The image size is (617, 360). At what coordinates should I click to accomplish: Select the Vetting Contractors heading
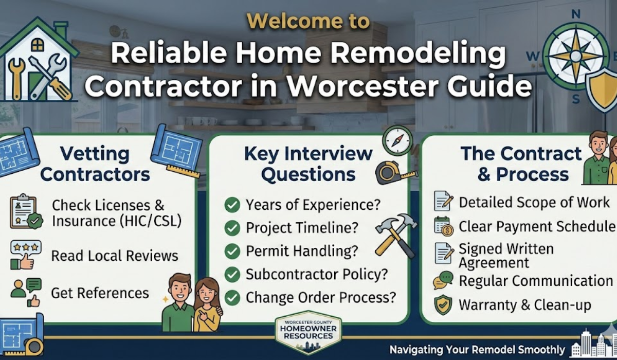(x=95, y=164)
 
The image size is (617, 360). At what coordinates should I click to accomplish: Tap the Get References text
(x=100, y=293)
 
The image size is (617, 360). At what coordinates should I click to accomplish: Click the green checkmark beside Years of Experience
(x=232, y=205)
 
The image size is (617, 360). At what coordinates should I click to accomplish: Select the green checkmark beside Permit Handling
(x=232, y=251)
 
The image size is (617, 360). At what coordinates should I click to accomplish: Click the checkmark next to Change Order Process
(x=232, y=297)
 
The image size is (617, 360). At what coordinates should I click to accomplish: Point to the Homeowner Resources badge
(x=308, y=332)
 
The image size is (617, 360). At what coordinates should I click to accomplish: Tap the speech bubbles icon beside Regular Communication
(x=443, y=280)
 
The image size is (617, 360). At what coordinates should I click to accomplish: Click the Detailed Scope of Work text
(x=534, y=202)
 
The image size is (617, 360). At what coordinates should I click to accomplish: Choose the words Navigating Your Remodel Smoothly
(x=477, y=348)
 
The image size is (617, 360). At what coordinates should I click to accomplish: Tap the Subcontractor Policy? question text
(x=316, y=274)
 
